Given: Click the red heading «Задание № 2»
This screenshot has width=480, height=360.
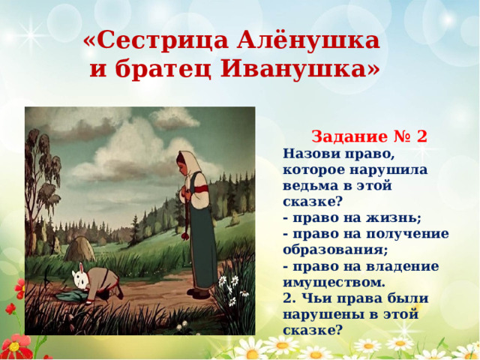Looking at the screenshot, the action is (369, 136).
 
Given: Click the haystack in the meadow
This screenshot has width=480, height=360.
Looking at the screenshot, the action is (79, 248).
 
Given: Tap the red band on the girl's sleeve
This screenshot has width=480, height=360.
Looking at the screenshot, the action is (201, 188).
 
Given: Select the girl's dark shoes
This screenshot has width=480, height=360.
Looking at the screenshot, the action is (198, 293).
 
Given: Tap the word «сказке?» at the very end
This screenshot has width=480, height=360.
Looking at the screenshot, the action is (312, 330).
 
